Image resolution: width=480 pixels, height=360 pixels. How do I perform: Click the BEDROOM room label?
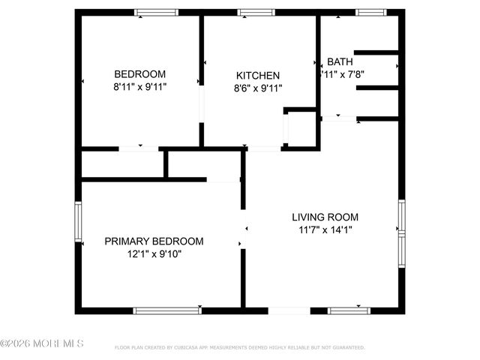[x=139, y=74]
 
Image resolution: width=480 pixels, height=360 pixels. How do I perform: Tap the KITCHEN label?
[x=258, y=76]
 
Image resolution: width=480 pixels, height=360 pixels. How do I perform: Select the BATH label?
[x=340, y=62]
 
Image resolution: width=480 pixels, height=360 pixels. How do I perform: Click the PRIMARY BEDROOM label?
[x=154, y=241]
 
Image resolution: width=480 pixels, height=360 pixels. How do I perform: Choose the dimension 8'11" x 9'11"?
[x=139, y=87]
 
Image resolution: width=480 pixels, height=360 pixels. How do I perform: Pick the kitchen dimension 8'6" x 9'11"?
[x=258, y=88]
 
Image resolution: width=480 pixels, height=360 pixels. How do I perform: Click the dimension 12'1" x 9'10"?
[x=154, y=253]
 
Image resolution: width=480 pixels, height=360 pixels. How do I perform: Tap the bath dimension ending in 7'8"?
[x=342, y=74]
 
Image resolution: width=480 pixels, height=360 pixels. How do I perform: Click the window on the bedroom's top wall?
[x=156, y=12]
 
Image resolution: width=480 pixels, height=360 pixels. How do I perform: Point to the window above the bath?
[x=367, y=12]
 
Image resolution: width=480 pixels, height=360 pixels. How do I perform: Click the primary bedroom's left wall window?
[x=77, y=220]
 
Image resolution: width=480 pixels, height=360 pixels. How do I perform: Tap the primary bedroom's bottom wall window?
[x=166, y=310]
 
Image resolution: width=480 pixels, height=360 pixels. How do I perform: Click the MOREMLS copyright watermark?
[x=42, y=343]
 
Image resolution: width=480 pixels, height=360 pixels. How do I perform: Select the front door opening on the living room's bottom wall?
[x=289, y=310]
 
